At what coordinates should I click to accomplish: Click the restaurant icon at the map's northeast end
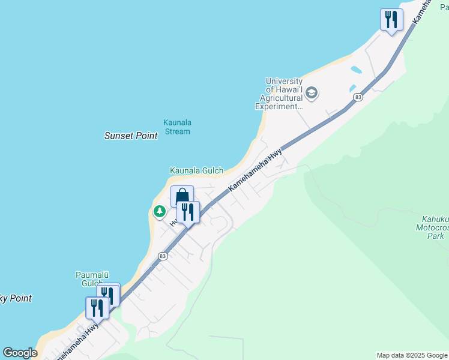click(391, 20)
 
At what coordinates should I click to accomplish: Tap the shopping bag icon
click(182, 197)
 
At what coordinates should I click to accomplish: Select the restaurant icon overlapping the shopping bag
click(188, 212)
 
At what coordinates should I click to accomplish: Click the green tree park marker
click(159, 211)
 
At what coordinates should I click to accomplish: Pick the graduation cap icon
click(311, 93)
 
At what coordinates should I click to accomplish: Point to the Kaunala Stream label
click(177, 127)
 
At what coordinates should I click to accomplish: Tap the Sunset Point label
click(131, 136)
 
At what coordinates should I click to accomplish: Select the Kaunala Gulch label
click(196, 171)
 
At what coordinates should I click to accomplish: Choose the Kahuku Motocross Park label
click(432, 228)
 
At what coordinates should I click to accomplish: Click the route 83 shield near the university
click(358, 97)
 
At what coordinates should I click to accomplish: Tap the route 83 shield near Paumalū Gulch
click(163, 256)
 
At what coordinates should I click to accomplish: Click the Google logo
click(20, 353)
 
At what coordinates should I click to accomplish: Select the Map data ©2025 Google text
click(411, 355)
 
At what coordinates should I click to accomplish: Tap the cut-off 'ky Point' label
click(16, 298)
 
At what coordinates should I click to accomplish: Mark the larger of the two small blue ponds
click(355, 70)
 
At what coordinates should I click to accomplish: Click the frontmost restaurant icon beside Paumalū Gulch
click(97, 308)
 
